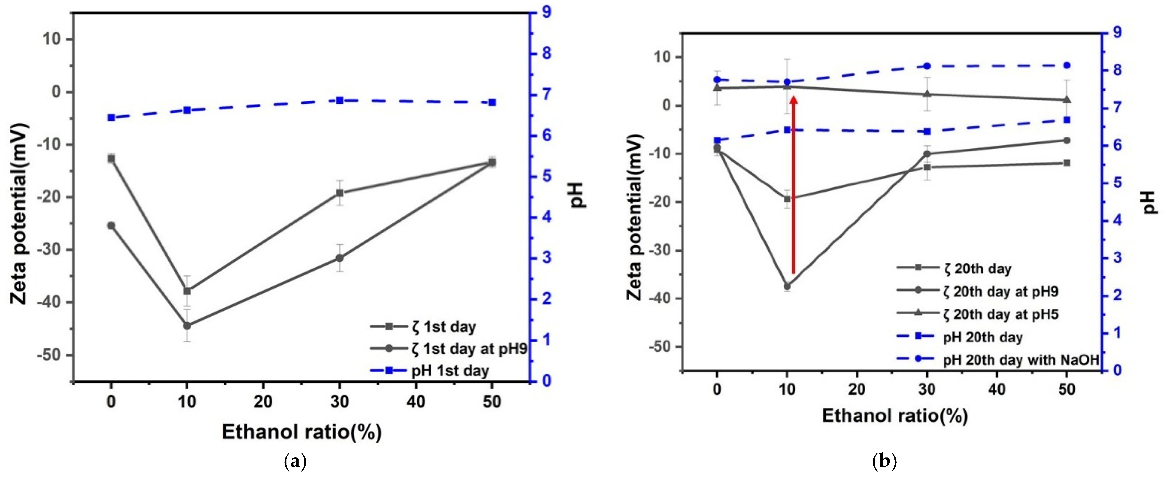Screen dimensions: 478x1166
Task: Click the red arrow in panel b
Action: point(793,190)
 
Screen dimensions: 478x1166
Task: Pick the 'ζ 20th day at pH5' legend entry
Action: point(1005,314)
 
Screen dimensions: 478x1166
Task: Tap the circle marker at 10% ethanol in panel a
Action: point(187,325)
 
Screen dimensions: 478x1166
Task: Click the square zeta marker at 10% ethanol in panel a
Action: point(187,291)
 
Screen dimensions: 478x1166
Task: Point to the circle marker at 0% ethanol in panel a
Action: point(111,226)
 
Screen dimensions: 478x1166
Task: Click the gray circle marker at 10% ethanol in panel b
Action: point(787,286)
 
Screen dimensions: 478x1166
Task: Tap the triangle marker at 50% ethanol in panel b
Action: point(1067,99)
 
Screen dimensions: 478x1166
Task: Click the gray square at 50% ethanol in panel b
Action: point(1067,163)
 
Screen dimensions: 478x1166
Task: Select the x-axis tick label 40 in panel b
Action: point(997,390)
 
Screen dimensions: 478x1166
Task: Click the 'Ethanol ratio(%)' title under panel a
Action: point(302,432)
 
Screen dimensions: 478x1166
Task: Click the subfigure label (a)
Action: point(296,462)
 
